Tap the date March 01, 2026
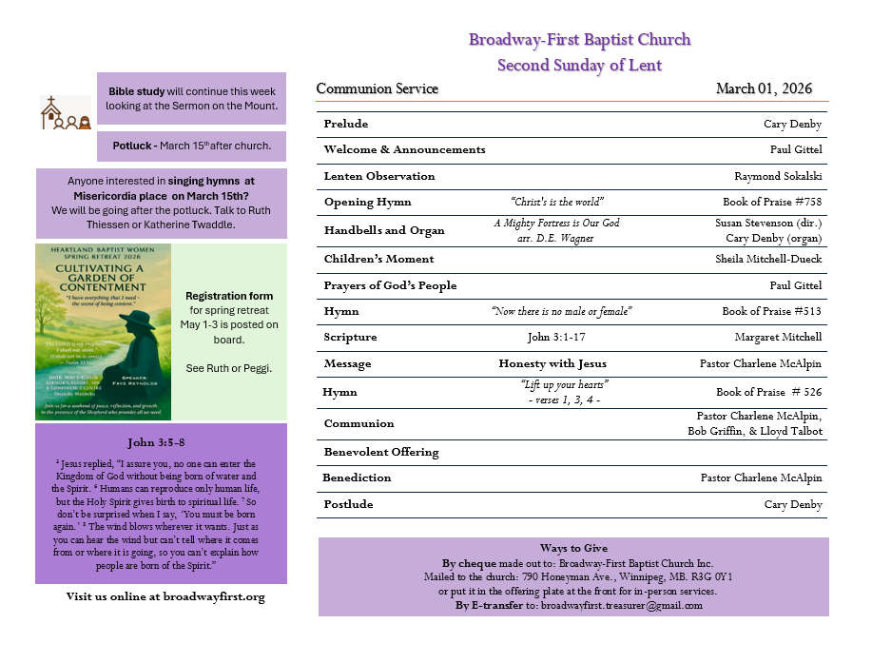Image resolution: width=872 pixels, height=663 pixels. (764, 89)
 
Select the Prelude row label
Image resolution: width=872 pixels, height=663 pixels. (346, 124)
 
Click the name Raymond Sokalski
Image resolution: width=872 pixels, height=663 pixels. (778, 176)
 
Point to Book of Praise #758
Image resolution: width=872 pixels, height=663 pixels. (771, 202)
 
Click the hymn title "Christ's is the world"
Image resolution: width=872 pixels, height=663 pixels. (557, 202)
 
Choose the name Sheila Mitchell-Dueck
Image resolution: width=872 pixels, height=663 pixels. (768, 259)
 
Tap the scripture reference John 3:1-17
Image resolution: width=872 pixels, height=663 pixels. (557, 337)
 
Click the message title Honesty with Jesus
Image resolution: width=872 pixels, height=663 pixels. (552, 363)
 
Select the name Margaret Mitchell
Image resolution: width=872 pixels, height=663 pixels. (778, 337)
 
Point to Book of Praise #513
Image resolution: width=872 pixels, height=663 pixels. (771, 311)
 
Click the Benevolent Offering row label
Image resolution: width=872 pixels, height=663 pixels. (381, 452)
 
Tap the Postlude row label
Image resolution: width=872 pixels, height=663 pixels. (348, 504)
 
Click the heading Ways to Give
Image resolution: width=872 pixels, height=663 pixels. (573, 548)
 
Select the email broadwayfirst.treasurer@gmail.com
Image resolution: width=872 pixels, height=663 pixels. (621, 605)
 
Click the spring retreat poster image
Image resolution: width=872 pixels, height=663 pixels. (104, 331)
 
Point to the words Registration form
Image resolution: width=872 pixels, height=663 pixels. (229, 296)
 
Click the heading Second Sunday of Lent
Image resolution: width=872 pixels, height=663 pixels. (579, 65)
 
